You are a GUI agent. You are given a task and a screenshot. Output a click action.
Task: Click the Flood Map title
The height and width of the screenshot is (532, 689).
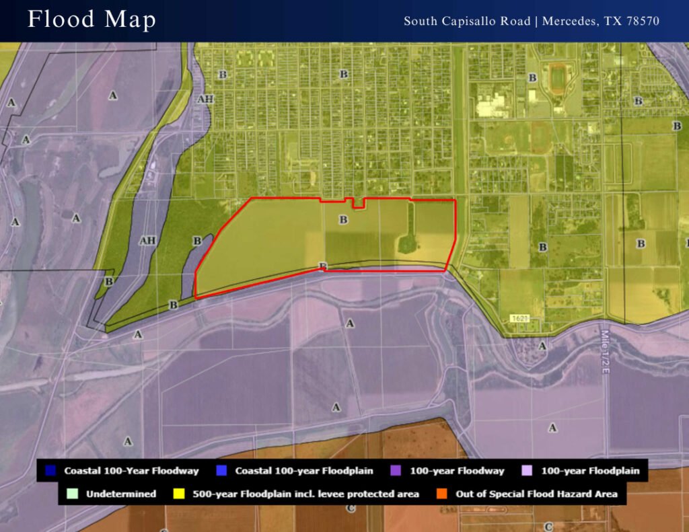tap(92, 20)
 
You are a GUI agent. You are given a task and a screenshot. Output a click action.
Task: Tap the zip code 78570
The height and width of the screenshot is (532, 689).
tap(641, 21)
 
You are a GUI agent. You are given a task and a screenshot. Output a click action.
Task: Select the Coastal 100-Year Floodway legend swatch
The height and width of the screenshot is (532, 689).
tap(51, 471)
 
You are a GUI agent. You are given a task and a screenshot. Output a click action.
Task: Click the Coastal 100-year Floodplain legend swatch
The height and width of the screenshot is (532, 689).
tap(222, 471)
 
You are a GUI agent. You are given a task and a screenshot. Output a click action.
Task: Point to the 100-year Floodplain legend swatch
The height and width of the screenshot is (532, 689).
tap(528, 471)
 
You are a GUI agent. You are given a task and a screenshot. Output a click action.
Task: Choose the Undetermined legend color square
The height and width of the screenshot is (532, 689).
tap(73, 494)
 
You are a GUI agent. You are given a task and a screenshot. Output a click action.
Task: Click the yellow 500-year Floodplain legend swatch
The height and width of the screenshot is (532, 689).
tap(179, 494)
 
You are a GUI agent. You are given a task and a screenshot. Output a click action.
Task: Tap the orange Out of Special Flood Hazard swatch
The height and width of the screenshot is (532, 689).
tap(442, 494)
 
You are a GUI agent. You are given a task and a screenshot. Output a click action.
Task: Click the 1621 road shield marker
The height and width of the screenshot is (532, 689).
tap(517, 317)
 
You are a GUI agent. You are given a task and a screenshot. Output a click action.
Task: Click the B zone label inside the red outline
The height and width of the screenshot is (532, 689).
tap(343, 219)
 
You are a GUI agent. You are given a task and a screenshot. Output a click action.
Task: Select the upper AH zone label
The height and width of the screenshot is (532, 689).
tap(205, 99)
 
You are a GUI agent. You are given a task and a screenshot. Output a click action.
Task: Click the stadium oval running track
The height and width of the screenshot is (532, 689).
tap(558, 78)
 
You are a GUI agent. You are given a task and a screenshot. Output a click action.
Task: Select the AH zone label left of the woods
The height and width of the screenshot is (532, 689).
tap(147, 240)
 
